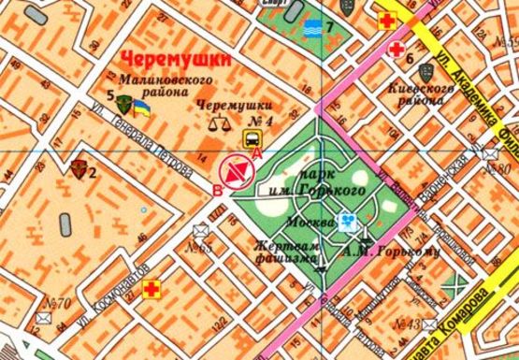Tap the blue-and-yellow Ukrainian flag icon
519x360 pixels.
[142, 110]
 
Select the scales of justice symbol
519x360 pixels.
[222, 120]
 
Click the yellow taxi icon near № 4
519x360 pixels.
[252, 139]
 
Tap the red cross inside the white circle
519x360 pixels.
[396, 49]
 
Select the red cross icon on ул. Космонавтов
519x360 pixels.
[148, 288]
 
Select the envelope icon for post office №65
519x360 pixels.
[198, 230]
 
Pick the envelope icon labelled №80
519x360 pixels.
[490, 152]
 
